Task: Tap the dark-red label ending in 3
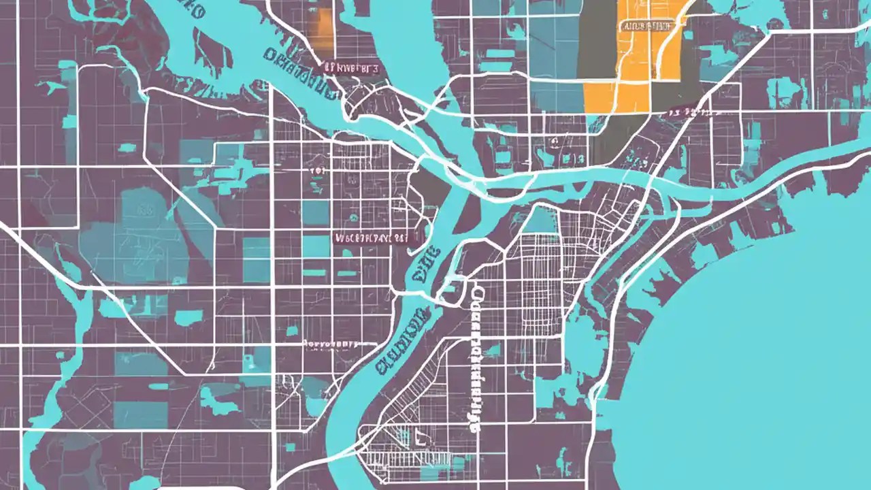point(351,68)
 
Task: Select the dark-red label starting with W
point(372,238)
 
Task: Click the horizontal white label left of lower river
point(330,344)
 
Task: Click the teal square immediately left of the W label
point(316,246)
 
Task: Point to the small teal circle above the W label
point(353,218)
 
